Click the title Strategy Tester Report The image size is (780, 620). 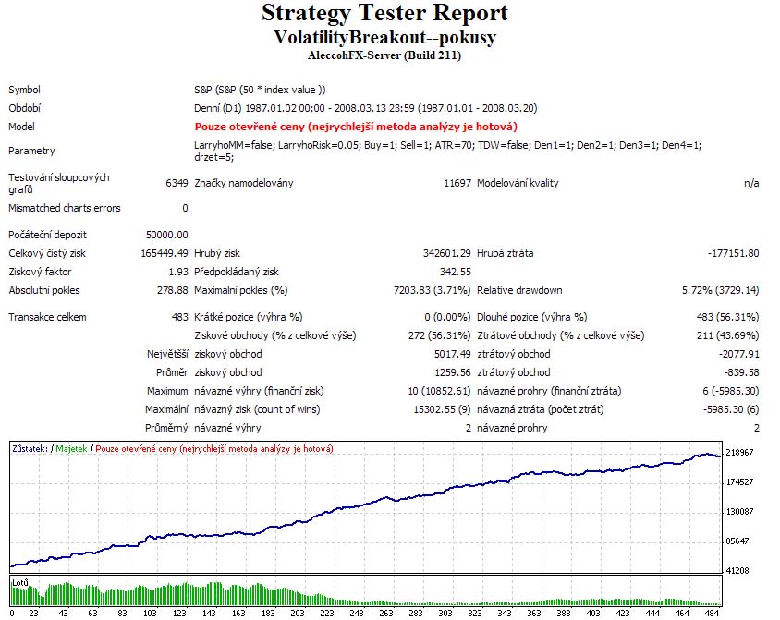click(x=384, y=14)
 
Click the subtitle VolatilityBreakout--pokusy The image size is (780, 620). click(x=384, y=37)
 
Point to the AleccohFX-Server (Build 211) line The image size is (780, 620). click(x=384, y=55)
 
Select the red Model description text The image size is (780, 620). click(x=355, y=127)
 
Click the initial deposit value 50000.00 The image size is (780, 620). click(x=167, y=235)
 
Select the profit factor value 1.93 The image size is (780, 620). click(x=177, y=272)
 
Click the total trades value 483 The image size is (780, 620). click(x=179, y=317)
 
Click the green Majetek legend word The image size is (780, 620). click(x=71, y=448)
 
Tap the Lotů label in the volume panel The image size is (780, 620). click(x=20, y=583)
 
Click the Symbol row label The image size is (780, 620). click(x=25, y=90)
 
